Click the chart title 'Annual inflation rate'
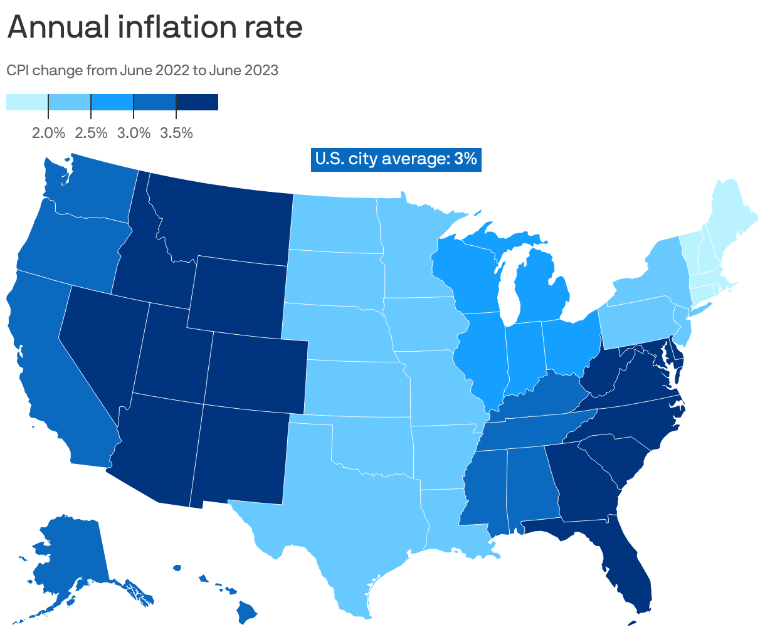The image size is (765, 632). click(154, 28)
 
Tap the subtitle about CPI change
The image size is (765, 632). click(142, 70)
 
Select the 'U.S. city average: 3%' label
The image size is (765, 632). click(396, 159)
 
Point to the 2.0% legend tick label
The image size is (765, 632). click(48, 133)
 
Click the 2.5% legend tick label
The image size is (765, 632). click(91, 133)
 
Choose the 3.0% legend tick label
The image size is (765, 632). click(134, 133)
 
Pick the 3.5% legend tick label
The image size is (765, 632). click(176, 133)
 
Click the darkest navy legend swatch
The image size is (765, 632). click(197, 102)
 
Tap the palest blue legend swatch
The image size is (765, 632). click(27, 102)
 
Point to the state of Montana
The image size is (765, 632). click(226, 219)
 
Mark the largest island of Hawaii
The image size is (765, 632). click(248, 612)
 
